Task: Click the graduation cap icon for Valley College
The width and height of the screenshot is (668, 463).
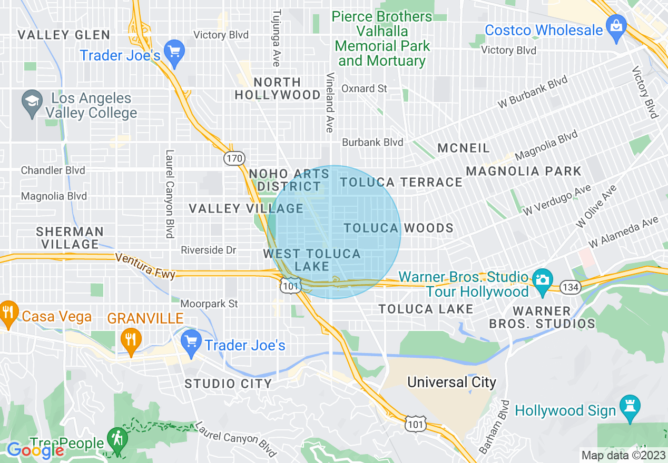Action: pos(32,99)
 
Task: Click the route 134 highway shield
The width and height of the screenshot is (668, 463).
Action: pos(571,287)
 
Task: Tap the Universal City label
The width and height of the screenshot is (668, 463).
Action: pos(451,382)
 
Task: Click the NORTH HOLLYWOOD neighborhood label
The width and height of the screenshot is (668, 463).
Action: pos(278,88)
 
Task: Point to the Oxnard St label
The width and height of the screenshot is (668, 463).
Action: pos(365,88)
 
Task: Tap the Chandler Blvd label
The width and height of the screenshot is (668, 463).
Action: pos(53,170)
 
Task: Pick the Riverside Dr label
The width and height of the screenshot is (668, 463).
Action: pos(208,250)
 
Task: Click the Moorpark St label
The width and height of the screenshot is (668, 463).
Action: pos(209,304)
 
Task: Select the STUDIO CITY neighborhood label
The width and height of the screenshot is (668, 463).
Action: pos(228,384)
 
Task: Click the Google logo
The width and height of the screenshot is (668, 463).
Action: pos(35,450)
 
